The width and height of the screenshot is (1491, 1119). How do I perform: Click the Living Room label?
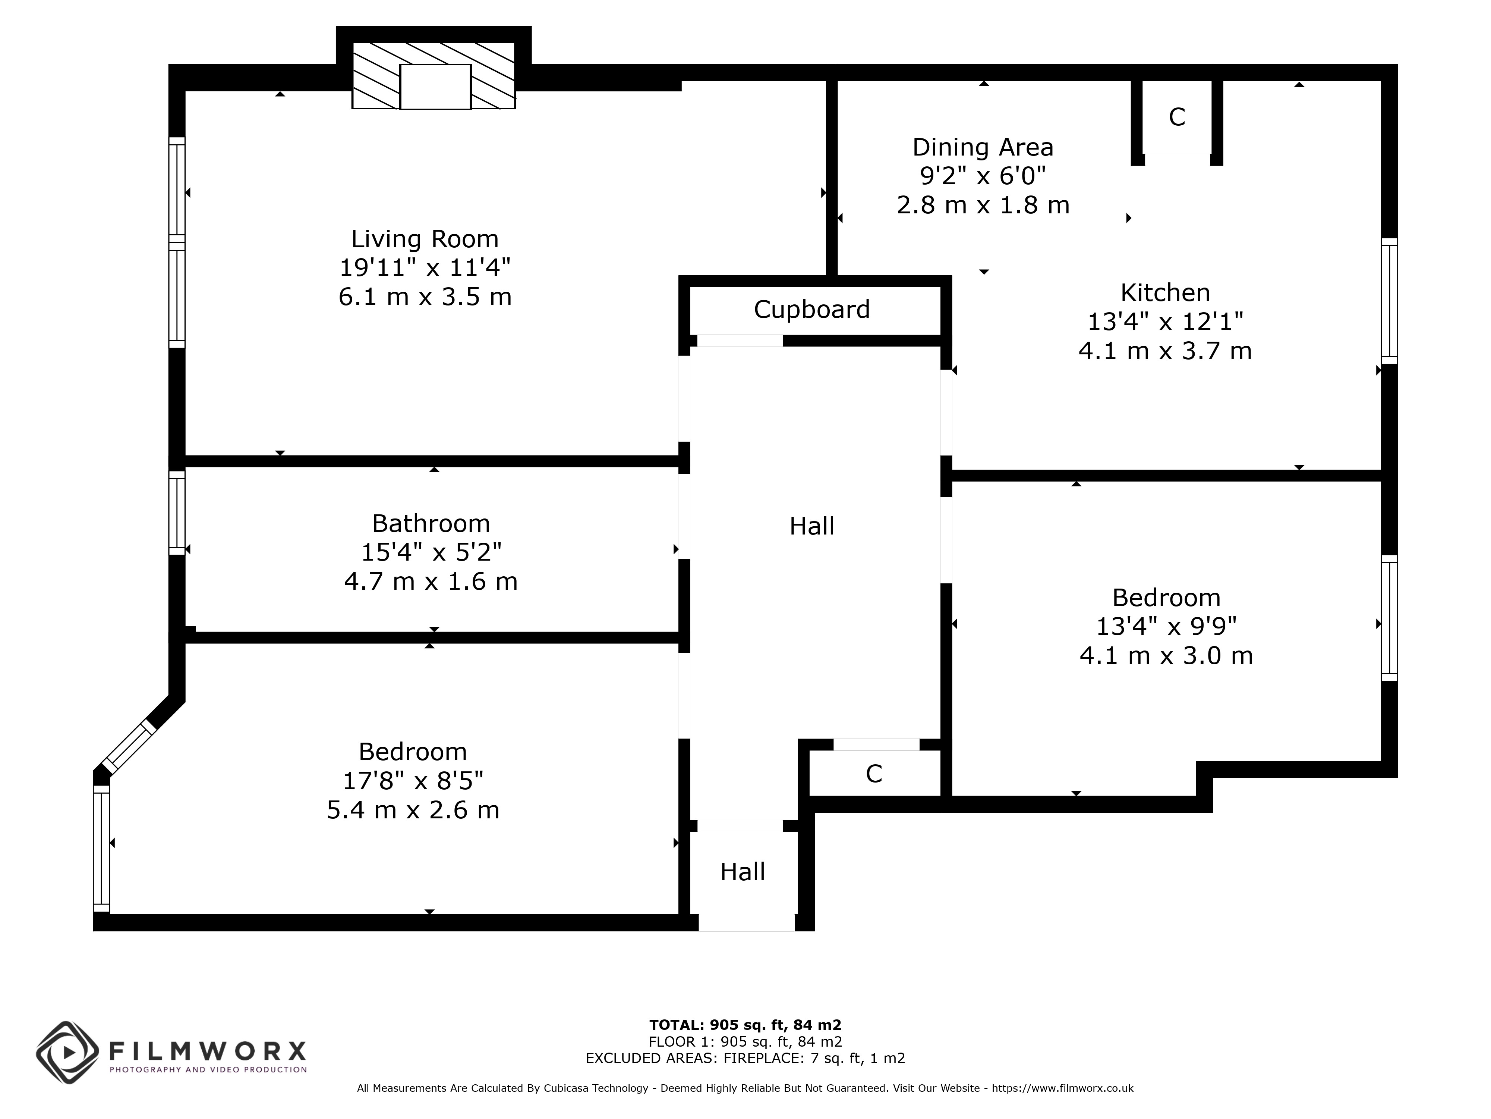[425, 239]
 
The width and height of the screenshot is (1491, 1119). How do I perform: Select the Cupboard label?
[811, 310]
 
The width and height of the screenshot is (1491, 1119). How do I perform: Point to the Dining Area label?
[983, 147]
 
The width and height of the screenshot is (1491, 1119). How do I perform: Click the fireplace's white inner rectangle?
[435, 86]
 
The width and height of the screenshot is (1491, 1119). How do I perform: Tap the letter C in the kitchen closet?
[1177, 117]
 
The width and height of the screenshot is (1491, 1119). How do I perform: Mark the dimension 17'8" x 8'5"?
[413, 780]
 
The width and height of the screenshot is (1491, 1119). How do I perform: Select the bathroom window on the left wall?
[177, 513]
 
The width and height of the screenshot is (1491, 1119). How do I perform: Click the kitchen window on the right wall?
[1389, 301]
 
